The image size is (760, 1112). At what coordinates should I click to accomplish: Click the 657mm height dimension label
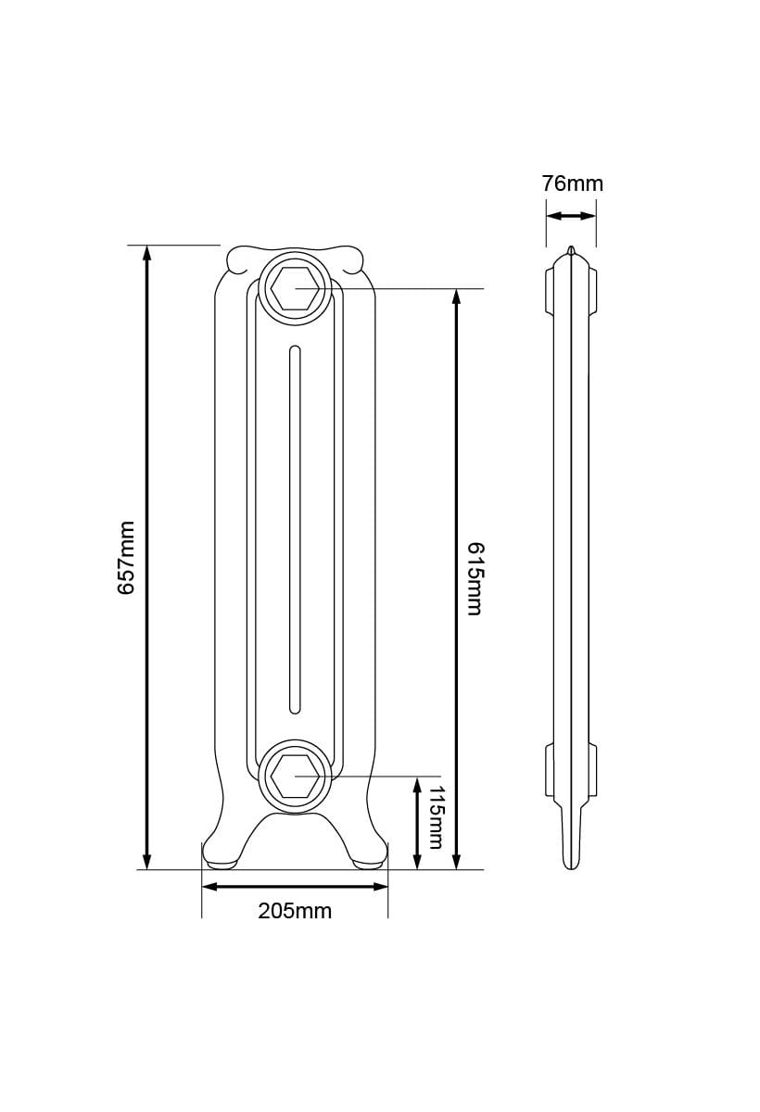pos(127,557)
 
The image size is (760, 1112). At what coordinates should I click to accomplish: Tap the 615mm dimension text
pos(474,578)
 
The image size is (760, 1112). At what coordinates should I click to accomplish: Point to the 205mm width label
pos(295,911)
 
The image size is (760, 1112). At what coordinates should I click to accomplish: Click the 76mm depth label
pos(572,183)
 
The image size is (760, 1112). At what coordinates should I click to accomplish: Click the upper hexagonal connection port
pos(295,289)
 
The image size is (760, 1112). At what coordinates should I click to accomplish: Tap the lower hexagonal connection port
pos(295,776)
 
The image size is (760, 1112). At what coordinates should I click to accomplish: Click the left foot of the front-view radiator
pos(221,857)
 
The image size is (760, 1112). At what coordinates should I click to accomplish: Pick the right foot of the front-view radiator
pos(369,857)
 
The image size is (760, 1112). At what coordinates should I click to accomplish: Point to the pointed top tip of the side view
pos(571,250)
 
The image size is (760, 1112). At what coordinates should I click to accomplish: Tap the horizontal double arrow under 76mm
pos(571,216)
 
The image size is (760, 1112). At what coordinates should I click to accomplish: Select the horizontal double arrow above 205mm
pos(295,887)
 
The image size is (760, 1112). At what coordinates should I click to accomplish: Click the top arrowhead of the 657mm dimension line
pos(146,253)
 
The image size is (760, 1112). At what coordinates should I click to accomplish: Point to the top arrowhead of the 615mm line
pos(456,297)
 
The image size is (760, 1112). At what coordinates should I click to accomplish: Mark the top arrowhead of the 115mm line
pos(417,784)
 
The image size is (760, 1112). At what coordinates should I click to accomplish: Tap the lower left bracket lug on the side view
pos(548,770)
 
